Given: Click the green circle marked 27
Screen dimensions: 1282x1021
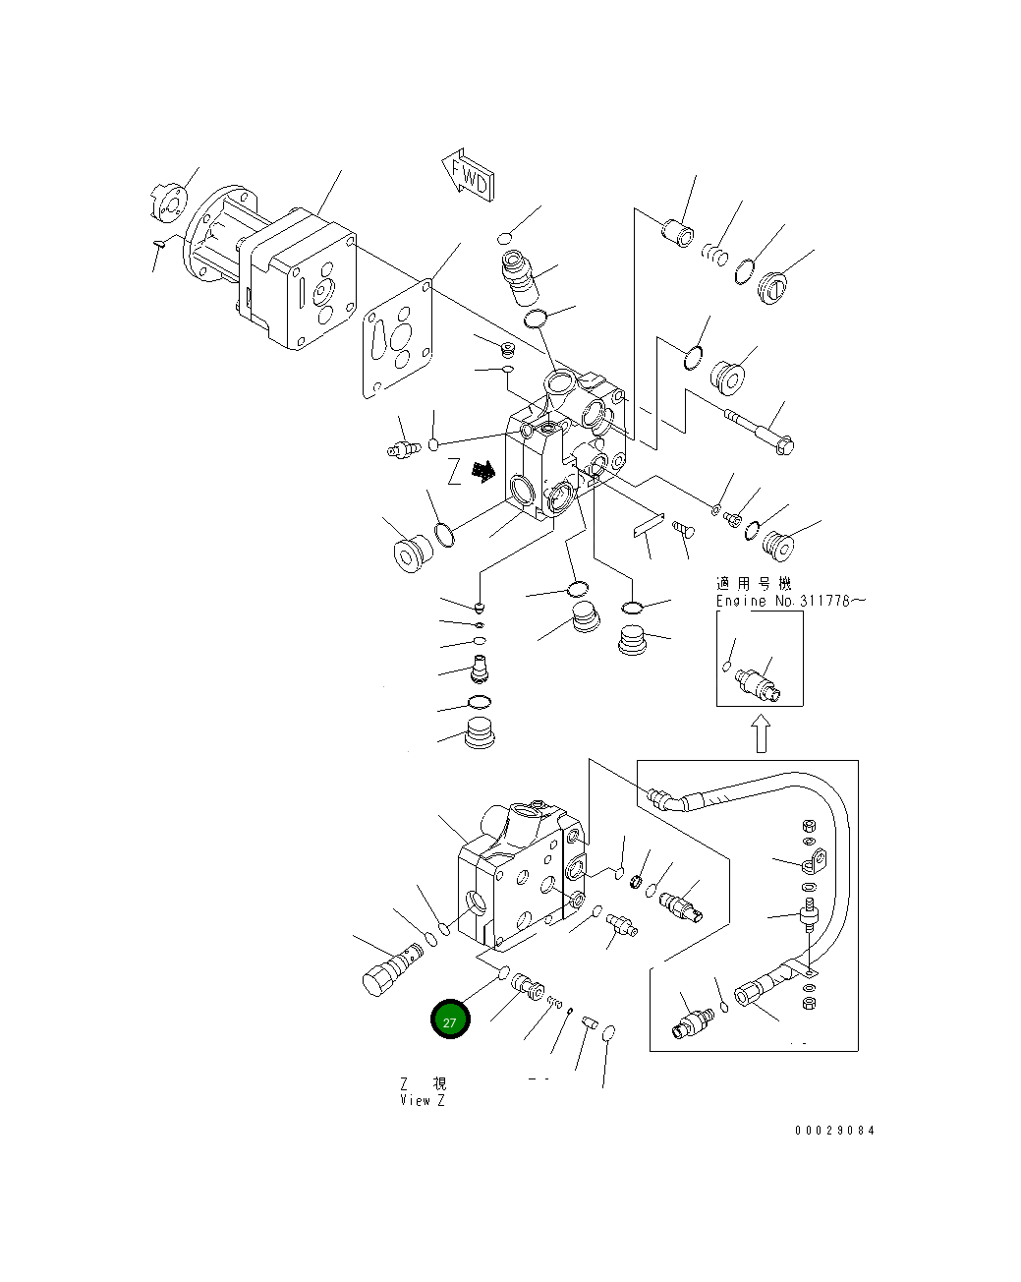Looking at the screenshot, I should pos(450,1020).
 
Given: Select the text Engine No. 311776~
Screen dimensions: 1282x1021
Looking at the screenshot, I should pos(790,601).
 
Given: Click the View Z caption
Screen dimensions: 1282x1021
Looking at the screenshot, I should pos(423,1100).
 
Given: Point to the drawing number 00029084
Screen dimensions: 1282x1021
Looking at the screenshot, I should pos(833,1130).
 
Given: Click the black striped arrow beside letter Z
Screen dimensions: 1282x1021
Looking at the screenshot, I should pos(482,472).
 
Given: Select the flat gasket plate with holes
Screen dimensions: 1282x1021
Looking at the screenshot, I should pos(399,337).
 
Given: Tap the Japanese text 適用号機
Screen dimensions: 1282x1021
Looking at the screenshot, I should pos(754,584).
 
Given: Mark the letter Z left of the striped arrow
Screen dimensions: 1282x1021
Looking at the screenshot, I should pos(453,473).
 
